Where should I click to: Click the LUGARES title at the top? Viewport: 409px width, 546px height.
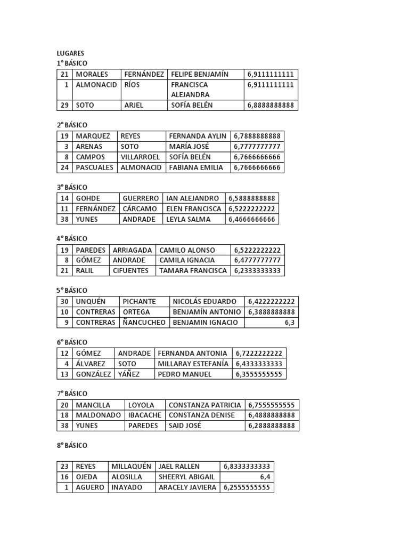(x=70, y=53)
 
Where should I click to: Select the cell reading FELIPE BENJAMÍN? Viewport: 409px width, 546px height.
(x=200, y=74)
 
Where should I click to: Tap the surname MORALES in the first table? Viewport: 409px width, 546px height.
(x=92, y=74)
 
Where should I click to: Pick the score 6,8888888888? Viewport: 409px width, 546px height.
(x=271, y=106)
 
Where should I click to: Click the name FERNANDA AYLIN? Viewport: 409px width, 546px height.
(x=197, y=136)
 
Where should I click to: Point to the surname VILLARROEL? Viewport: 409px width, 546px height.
(x=140, y=157)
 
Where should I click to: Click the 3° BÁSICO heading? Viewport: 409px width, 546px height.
(x=72, y=188)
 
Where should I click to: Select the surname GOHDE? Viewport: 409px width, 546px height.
(x=88, y=198)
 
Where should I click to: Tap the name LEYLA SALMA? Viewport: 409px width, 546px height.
(x=188, y=219)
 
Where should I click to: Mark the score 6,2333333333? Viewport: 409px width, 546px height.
(x=257, y=271)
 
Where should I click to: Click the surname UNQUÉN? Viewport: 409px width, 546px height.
(x=91, y=302)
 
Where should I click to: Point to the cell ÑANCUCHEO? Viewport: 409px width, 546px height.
(x=144, y=323)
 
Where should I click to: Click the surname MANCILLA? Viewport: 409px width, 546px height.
(x=93, y=405)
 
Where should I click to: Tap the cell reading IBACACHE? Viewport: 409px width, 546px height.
(x=144, y=415)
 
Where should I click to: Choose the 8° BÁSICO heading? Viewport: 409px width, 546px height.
(x=72, y=445)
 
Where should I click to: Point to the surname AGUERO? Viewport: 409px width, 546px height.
(x=90, y=488)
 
